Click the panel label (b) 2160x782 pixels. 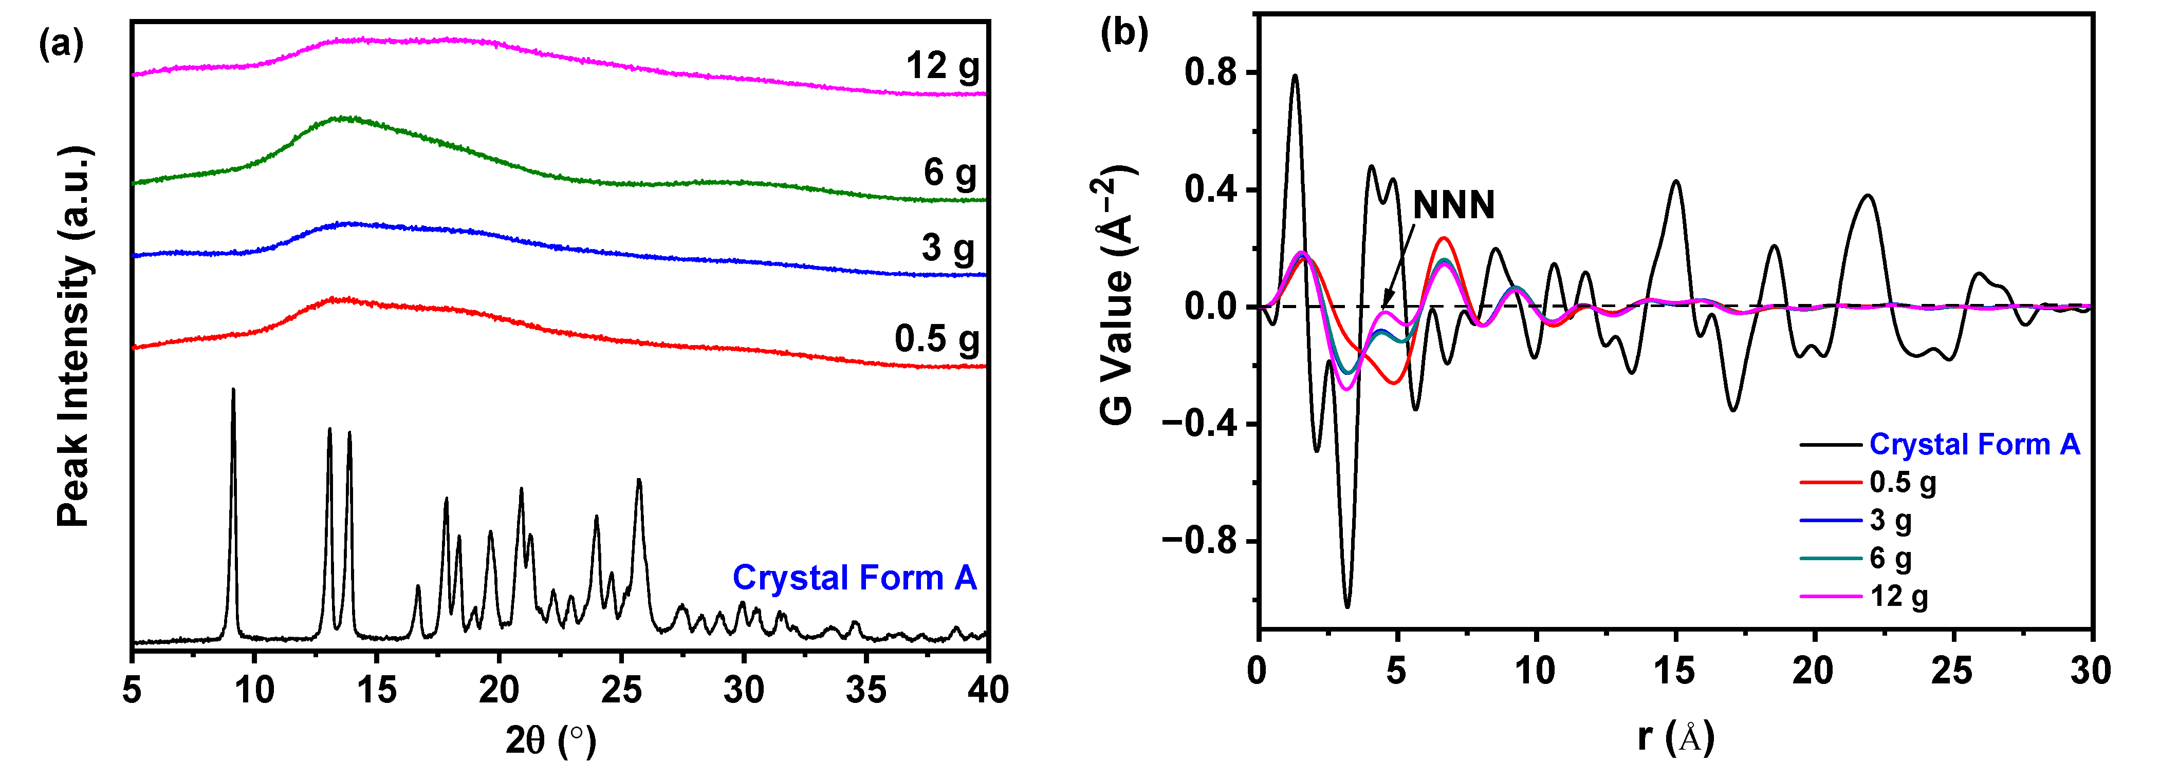1123,33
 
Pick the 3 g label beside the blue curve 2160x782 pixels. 948,248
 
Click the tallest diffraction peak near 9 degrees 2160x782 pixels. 233,391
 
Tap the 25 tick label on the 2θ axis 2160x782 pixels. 621,690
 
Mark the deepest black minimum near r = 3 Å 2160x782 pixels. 1347,605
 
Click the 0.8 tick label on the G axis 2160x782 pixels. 1210,73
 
